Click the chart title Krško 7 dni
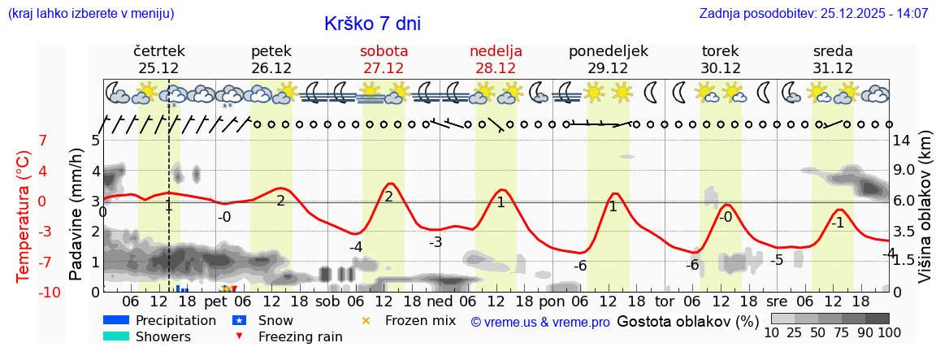pyautogui.click(x=372, y=24)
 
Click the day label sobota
pyautogui.click(x=383, y=51)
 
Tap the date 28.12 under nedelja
pyautogui.click(x=496, y=68)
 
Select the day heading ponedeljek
pyautogui.click(x=608, y=51)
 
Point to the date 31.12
pyautogui.click(x=833, y=68)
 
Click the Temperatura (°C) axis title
pyautogui.click(x=24, y=216)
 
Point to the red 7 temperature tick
pyautogui.click(x=43, y=141)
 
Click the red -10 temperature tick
pyautogui.click(x=50, y=292)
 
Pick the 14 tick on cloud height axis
pyautogui.click(x=901, y=141)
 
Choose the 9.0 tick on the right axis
pyautogui.click(x=905, y=171)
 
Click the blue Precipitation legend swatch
pyautogui.click(x=116, y=320)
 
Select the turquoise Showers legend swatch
pyautogui.click(x=116, y=336)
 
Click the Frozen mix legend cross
pyautogui.click(x=366, y=320)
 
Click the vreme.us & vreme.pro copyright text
pyautogui.click(x=540, y=322)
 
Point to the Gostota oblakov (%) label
pyautogui.click(x=687, y=321)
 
